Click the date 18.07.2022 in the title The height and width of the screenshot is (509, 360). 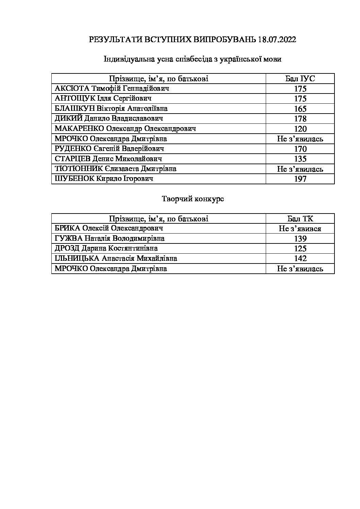[277, 40]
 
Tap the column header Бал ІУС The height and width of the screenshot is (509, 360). [300, 79]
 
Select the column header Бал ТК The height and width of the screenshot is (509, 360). [300, 219]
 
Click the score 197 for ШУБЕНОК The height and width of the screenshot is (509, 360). [300, 179]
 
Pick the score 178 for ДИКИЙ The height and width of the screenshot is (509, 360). [300, 119]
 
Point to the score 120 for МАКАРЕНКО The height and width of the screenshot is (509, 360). [300, 129]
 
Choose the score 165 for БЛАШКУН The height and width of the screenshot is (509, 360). [300, 109]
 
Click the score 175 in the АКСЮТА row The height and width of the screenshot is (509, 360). [300, 89]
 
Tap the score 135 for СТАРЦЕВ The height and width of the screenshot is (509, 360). [300, 159]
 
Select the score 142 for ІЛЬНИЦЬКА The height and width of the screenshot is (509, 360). [300, 258]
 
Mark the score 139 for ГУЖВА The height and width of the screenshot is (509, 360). [300, 239]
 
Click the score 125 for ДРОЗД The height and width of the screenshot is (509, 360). [300, 249]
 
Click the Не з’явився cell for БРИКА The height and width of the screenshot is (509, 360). [300, 229]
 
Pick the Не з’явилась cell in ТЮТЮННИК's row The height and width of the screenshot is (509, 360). [300, 169]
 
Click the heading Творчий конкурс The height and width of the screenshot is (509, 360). [193, 199]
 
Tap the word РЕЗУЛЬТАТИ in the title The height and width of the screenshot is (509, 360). [115, 40]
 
